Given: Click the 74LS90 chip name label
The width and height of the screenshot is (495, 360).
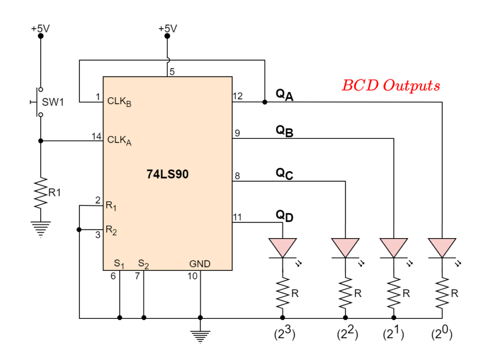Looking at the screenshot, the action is [x=167, y=174].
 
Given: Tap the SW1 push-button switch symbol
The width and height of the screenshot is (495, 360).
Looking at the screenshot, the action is [x=38, y=102].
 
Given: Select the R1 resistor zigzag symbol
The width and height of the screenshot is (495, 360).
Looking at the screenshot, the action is [x=41, y=193].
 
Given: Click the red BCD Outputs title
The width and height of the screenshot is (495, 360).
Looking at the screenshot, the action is [x=391, y=86].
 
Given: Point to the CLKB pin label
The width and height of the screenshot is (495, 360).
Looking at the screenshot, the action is [x=119, y=102].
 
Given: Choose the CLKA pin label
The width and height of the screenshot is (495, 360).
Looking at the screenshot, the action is [x=119, y=140].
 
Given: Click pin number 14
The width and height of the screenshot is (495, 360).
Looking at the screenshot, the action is [x=96, y=136].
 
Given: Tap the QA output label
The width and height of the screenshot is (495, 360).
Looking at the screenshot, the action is [x=284, y=94].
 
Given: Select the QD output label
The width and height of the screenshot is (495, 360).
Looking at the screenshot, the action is [x=284, y=216].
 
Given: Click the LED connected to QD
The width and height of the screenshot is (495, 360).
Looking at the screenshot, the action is [x=282, y=248].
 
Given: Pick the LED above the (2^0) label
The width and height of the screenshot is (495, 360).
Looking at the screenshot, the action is [x=442, y=248].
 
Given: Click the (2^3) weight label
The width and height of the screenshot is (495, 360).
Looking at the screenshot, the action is [x=284, y=334].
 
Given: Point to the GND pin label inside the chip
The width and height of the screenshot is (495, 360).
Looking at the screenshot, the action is [x=200, y=264].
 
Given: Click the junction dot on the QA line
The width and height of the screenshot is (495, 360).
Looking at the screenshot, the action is [x=265, y=102].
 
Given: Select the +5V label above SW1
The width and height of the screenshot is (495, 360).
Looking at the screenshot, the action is [x=40, y=29].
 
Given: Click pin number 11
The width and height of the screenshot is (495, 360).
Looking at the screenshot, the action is [x=237, y=217].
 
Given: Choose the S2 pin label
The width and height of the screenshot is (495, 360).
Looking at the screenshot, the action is [x=143, y=264].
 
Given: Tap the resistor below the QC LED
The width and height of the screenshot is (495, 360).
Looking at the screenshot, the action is [x=345, y=293].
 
